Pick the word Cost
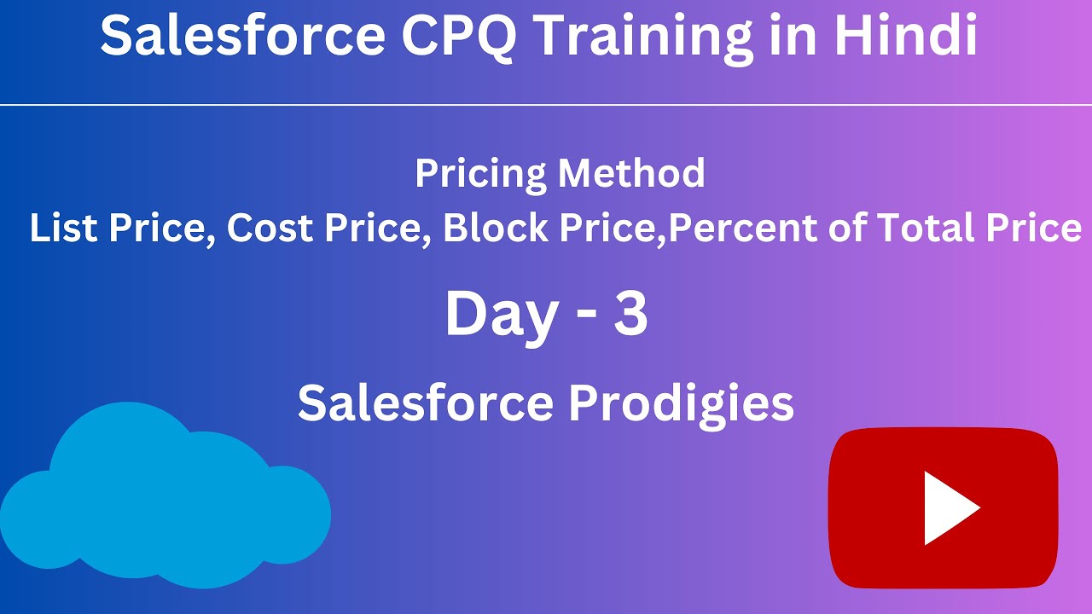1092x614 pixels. pos(263,229)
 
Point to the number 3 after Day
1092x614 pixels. pos(630,314)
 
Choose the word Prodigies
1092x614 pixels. pos(681,403)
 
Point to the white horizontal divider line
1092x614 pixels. pos(546,105)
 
